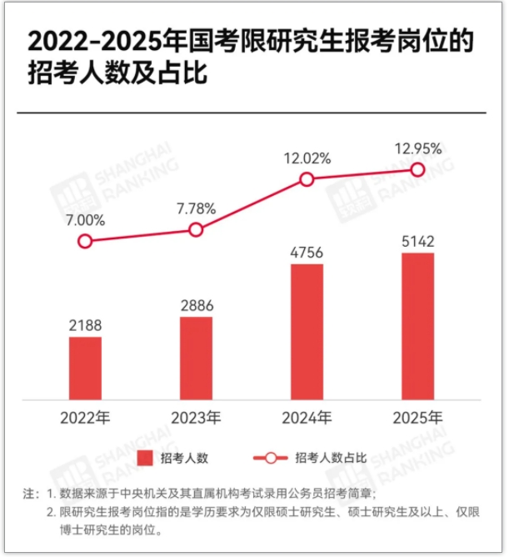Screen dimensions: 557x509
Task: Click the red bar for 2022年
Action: point(85,368)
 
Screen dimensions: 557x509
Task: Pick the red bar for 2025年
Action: point(417,326)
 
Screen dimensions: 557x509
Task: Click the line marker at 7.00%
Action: point(85,241)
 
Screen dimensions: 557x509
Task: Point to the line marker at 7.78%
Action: point(196,229)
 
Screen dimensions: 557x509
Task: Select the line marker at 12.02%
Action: point(307,179)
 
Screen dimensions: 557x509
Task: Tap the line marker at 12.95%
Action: point(417,169)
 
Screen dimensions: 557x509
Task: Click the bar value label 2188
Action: point(85,325)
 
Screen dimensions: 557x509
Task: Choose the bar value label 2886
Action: point(196,305)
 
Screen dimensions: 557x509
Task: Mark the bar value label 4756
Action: point(307,253)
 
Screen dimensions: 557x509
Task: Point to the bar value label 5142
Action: point(417,242)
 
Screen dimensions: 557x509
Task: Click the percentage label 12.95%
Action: point(417,148)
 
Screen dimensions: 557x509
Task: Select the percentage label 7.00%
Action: point(85,220)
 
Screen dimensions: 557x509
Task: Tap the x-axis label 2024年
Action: point(307,416)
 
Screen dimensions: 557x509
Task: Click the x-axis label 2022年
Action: point(85,416)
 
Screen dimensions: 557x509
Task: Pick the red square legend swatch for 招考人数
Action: point(146,458)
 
